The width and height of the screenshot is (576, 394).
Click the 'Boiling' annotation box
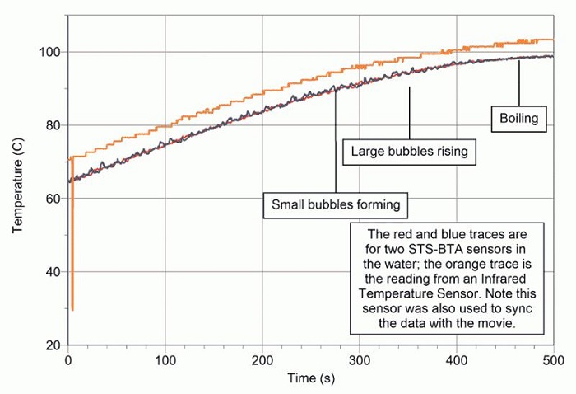(518, 119)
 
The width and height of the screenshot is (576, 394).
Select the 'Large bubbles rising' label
(409, 152)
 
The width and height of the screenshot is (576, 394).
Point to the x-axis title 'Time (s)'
(311, 378)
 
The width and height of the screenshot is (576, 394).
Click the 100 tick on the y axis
(52, 52)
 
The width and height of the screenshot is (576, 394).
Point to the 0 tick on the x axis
(68, 359)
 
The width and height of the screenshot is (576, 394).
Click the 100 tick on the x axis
(165, 359)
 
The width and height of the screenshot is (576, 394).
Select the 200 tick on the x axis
(262, 359)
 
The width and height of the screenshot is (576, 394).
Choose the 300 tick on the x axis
(360, 359)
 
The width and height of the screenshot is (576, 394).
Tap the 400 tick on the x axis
(457, 359)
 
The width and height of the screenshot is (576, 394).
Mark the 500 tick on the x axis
(553, 359)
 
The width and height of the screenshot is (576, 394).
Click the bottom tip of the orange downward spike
(72, 310)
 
